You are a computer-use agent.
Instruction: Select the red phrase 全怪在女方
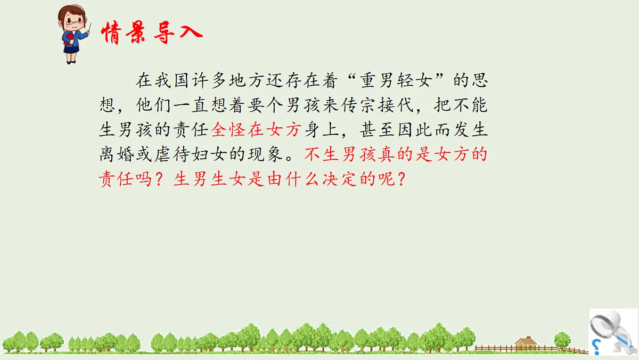257,129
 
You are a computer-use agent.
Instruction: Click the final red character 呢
389,179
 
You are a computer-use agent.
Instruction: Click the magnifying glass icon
607,325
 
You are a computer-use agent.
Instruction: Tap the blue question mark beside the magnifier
596,347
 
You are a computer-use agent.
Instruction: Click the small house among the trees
526,342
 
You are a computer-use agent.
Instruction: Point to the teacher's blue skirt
71,50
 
